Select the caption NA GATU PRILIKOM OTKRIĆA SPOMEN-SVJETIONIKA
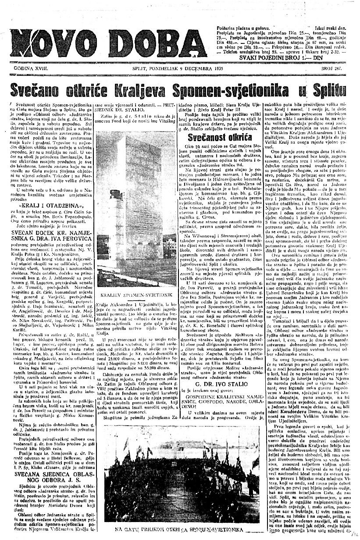click(x=181, y=529)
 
